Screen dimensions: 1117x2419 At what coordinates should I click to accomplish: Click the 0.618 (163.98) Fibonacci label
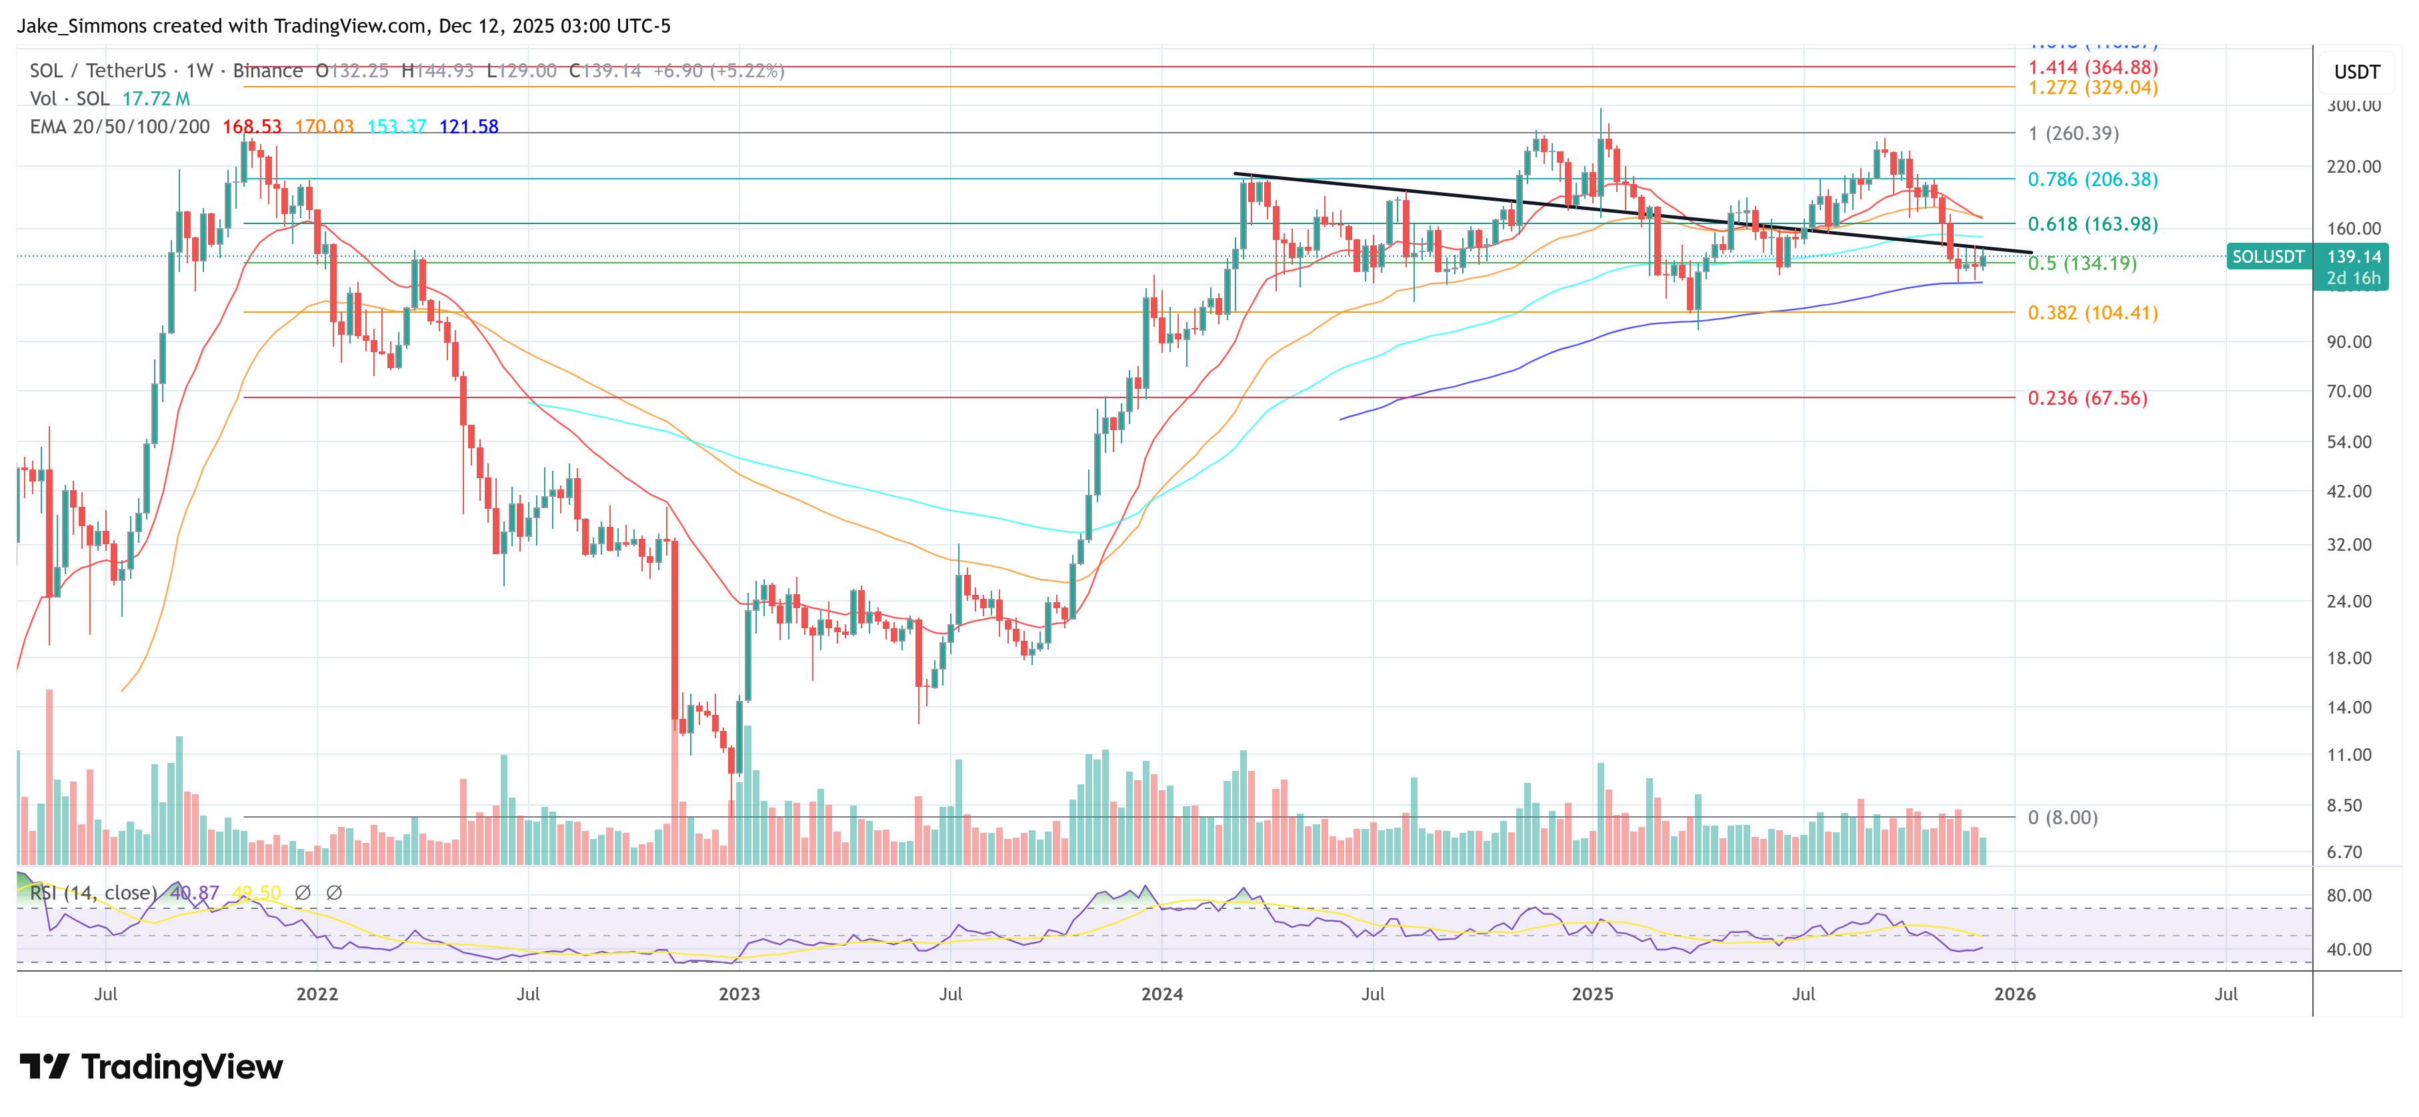2092,225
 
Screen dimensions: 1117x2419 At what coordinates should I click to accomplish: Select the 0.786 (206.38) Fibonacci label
2092,179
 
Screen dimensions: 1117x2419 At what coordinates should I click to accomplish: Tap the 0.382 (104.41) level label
2092,313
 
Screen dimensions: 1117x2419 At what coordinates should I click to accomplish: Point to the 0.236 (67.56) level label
2086,398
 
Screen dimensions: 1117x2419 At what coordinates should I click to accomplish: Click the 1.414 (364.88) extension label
2092,67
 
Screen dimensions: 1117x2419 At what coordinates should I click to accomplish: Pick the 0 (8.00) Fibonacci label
2062,818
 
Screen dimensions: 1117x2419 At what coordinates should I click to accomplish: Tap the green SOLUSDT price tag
2268,257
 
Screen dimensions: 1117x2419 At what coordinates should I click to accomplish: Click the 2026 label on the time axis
2014,994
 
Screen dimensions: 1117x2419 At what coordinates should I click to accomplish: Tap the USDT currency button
2356,72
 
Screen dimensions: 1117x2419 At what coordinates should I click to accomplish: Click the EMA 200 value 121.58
469,127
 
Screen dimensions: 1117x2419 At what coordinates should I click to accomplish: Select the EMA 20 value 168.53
251,127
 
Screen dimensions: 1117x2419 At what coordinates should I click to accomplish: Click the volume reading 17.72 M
156,99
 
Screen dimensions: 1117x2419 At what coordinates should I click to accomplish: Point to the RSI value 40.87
195,892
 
